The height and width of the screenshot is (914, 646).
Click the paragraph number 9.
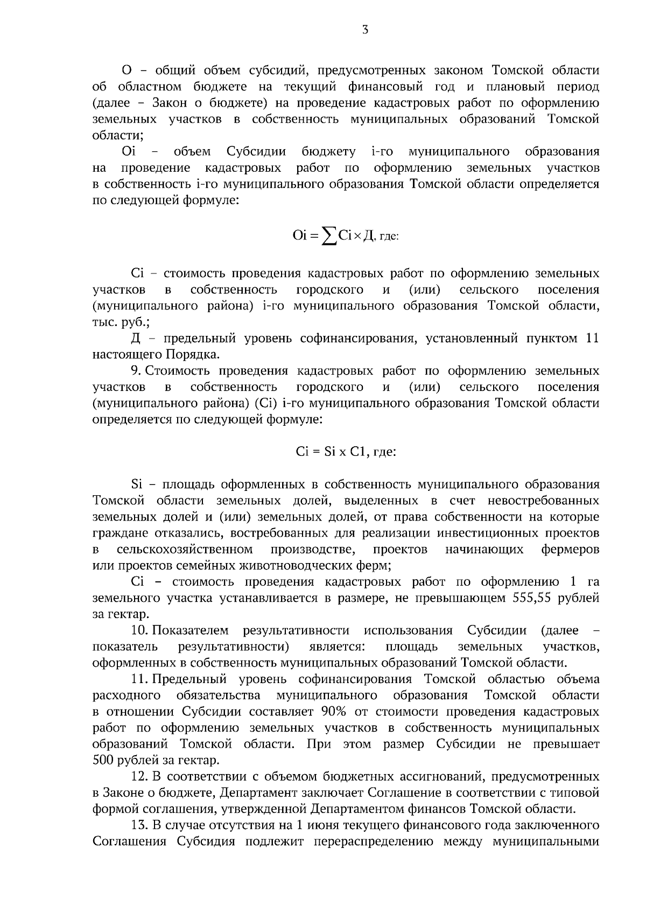click(x=135, y=371)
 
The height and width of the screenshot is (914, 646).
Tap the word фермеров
click(x=570, y=550)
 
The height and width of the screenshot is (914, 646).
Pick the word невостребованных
click(x=543, y=501)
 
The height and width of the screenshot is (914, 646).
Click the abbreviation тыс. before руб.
click(x=102, y=322)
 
